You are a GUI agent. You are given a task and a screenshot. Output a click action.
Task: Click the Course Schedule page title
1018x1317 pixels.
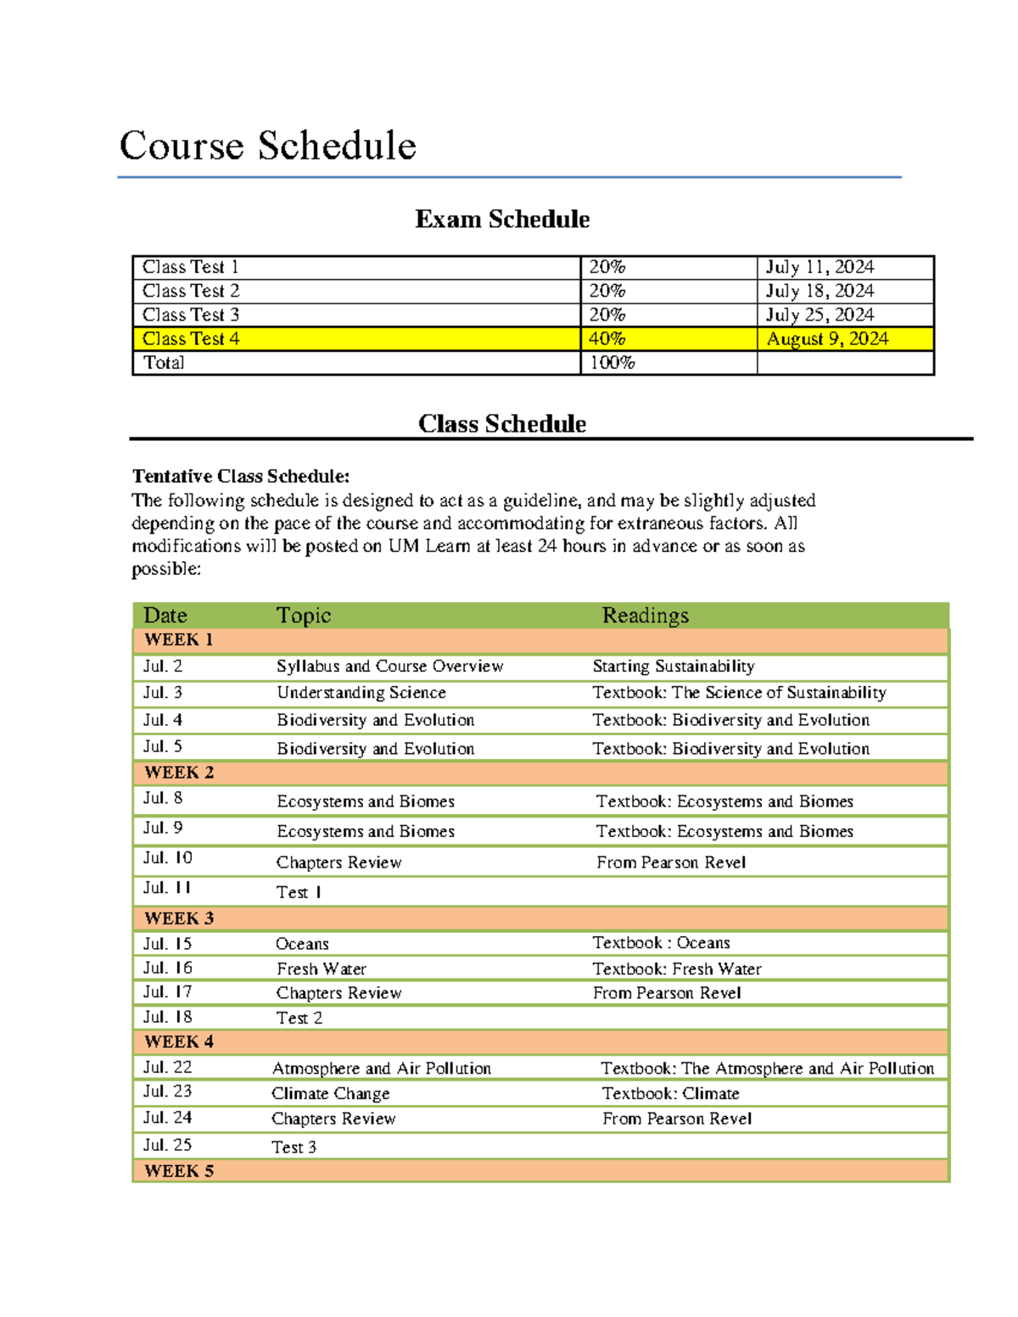click(x=267, y=146)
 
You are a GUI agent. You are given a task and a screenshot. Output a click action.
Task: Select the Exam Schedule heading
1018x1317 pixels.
click(x=501, y=220)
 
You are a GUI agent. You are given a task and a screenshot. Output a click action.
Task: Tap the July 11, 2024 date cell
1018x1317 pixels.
click(x=819, y=267)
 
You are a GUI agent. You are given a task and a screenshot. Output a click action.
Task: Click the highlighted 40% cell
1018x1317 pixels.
click(x=607, y=338)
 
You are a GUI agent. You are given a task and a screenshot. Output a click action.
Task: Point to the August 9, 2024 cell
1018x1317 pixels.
click(x=827, y=338)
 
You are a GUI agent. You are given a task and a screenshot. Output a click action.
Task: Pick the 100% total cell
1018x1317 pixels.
click(x=612, y=363)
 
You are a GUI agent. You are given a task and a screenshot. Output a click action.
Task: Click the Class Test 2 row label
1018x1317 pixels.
click(x=191, y=291)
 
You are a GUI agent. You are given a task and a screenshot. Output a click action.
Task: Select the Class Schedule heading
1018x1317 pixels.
click(x=501, y=424)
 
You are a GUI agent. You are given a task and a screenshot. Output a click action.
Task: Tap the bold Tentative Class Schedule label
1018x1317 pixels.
click(x=241, y=476)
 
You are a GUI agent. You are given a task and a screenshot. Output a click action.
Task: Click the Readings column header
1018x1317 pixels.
click(x=645, y=616)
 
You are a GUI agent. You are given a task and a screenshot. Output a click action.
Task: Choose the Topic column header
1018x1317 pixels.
click(x=303, y=616)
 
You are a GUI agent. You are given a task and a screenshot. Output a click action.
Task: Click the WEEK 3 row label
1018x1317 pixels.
click(x=179, y=918)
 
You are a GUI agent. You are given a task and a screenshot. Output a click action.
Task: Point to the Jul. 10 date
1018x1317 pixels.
click(x=167, y=858)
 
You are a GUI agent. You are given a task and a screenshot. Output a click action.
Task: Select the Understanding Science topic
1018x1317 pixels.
click(x=361, y=693)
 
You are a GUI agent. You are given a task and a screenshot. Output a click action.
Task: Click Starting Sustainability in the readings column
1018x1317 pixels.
click(x=673, y=667)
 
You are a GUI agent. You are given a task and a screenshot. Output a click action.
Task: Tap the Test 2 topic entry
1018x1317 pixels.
click(x=299, y=1018)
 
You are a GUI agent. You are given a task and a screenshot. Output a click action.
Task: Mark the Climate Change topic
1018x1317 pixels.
click(x=330, y=1094)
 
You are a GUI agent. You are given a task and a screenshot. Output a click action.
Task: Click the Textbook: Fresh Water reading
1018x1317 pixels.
click(x=676, y=968)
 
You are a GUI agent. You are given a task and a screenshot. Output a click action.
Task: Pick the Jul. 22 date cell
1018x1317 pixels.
click(x=167, y=1068)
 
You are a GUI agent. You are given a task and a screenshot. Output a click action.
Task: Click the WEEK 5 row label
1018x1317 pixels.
click(x=179, y=1171)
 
